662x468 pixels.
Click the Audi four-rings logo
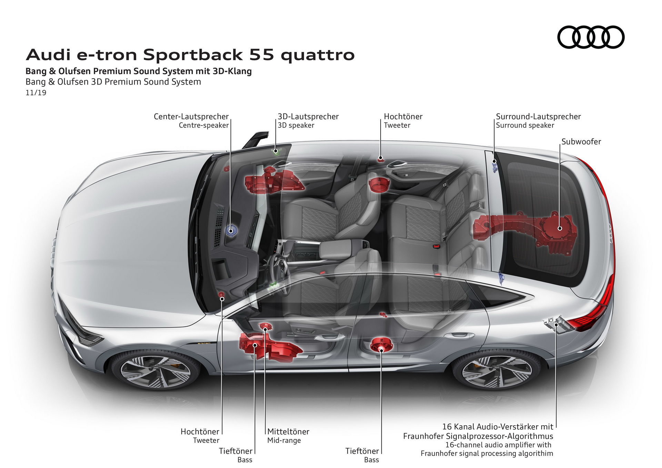591,37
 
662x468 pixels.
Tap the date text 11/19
36,93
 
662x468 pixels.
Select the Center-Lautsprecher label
191,116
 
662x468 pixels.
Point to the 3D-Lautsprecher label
308,116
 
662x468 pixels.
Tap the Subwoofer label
581,142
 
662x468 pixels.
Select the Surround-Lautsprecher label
538,116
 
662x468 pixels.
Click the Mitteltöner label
288,431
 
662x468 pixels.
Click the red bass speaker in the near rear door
381,345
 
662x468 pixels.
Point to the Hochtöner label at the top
403,116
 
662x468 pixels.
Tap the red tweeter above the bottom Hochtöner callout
222,295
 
